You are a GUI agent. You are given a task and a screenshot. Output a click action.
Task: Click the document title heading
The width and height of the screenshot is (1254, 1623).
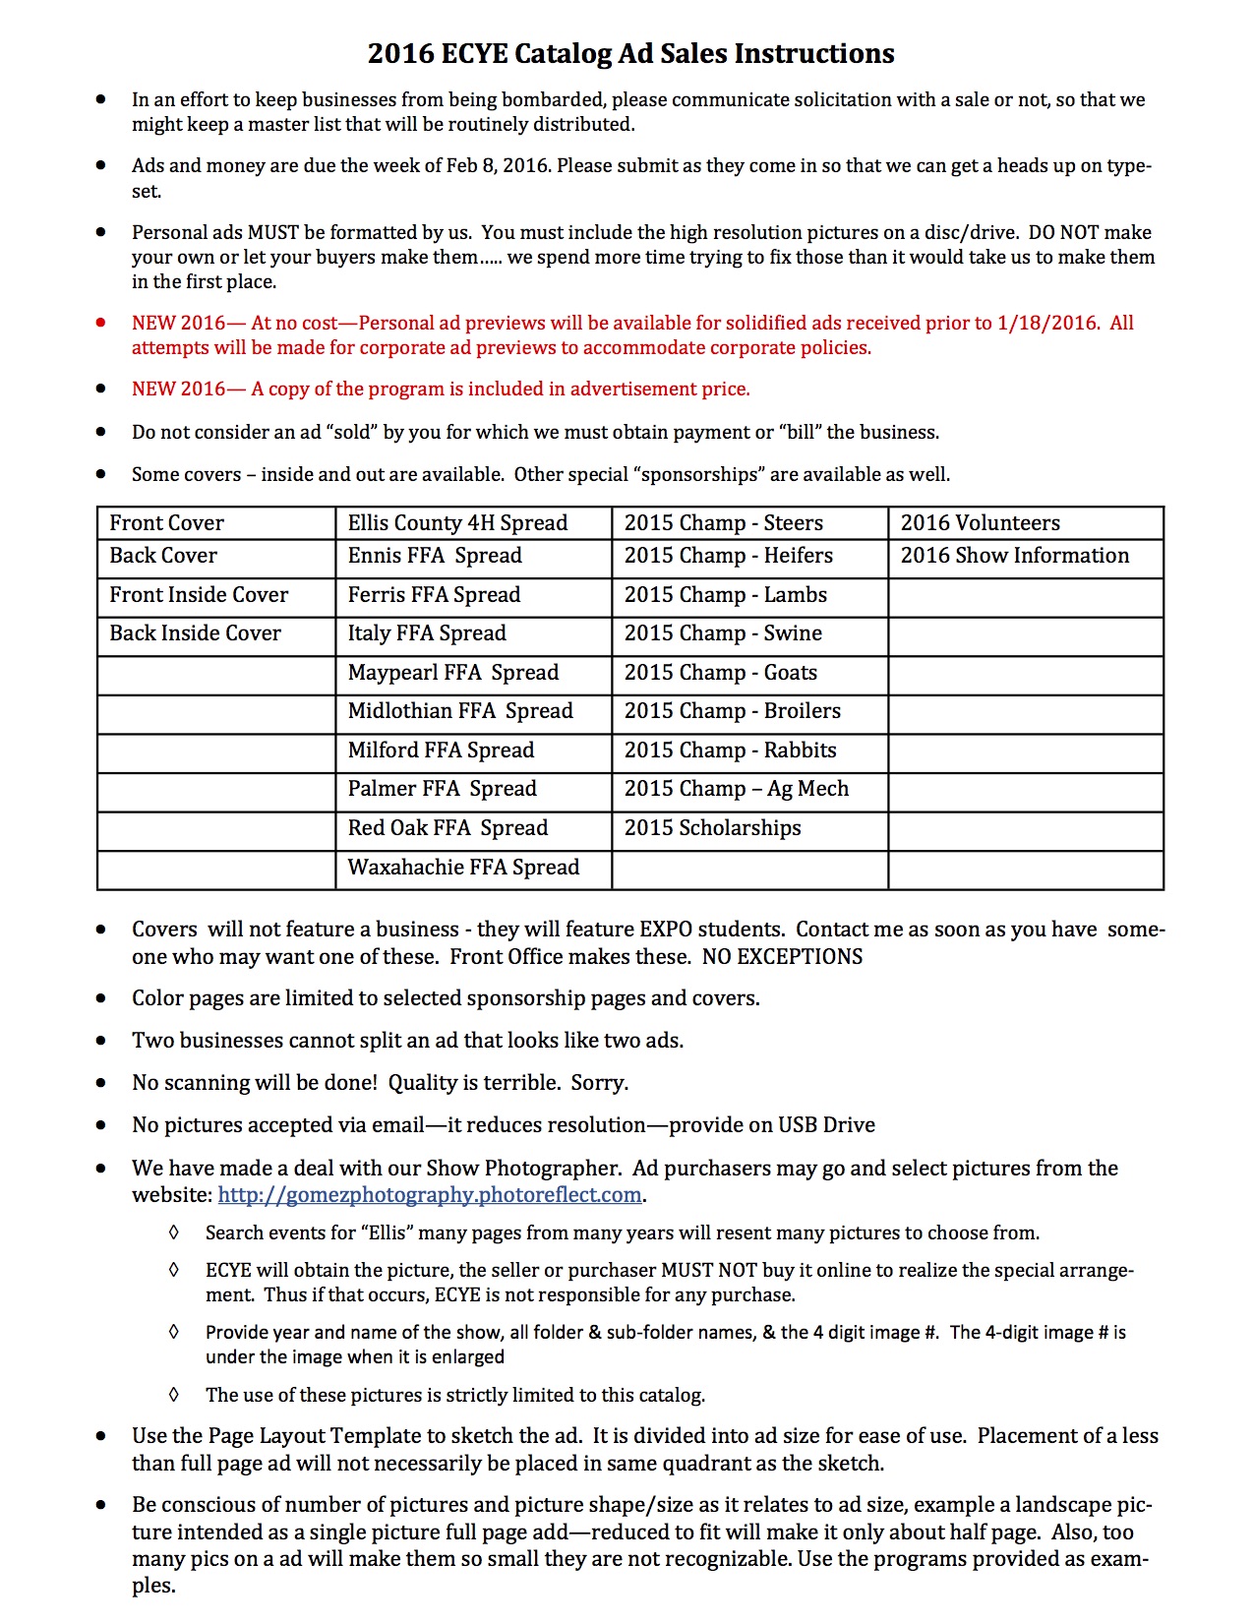(x=630, y=53)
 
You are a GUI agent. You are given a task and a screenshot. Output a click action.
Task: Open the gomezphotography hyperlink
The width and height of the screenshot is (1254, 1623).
(x=430, y=1195)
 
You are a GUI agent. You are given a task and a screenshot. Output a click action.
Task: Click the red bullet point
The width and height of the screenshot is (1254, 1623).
(x=100, y=323)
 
